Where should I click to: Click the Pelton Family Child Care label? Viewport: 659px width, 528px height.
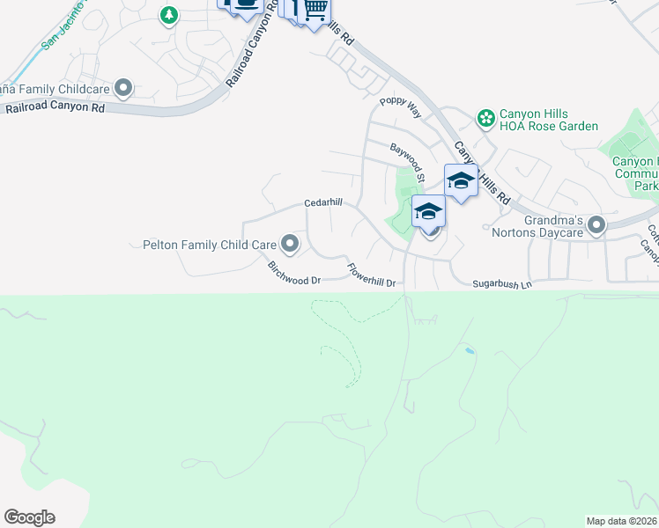click(x=208, y=244)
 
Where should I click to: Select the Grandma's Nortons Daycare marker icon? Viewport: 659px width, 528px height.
click(x=596, y=226)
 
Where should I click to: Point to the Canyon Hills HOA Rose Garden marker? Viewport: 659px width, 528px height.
click(x=485, y=117)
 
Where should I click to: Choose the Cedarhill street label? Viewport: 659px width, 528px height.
click(x=322, y=202)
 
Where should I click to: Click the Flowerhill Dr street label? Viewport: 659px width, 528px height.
click(x=374, y=276)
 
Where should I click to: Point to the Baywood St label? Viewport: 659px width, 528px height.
click(x=409, y=164)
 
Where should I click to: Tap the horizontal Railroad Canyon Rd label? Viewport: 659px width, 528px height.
click(x=55, y=108)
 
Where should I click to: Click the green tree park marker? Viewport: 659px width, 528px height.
click(x=169, y=15)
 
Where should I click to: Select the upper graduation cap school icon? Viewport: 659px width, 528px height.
click(x=461, y=181)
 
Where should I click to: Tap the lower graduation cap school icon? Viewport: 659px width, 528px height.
click(x=428, y=211)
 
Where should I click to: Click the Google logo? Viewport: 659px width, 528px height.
click(x=29, y=517)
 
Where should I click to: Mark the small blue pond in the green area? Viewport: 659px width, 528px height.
click(x=469, y=351)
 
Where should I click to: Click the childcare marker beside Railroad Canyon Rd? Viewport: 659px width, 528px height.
click(x=123, y=88)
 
